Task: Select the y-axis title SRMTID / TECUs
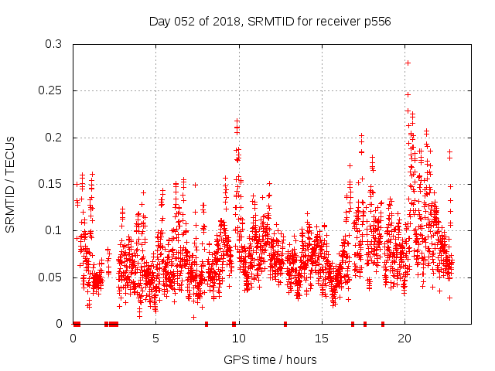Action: [10, 184]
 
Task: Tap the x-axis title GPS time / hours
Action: [270, 359]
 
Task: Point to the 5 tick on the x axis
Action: [156, 339]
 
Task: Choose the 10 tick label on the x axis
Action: [239, 339]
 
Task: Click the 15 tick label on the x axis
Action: [322, 339]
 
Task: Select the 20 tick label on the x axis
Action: [405, 339]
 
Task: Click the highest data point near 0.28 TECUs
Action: [408, 63]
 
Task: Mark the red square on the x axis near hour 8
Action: [207, 324]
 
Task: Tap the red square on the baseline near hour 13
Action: [285, 324]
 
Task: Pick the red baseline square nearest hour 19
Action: [383, 324]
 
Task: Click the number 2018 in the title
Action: [224, 22]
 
